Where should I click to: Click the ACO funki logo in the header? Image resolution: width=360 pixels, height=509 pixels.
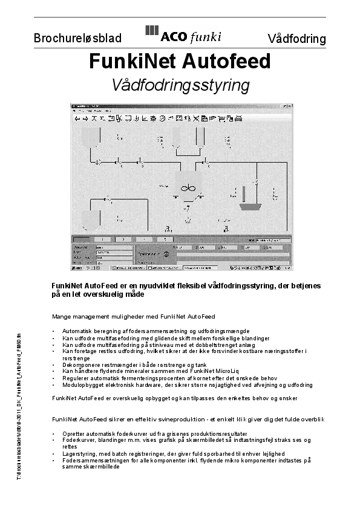tap(183, 35)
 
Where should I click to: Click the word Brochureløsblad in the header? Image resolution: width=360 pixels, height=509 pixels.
tap(77, 39)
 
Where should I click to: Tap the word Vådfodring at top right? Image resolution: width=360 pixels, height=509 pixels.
tap(296, 39)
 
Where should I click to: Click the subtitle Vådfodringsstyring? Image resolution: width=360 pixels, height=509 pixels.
tap(180, 85)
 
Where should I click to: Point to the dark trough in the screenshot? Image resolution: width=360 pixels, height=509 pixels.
tap(249, 206)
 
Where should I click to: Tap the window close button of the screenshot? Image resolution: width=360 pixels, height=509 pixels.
tap(290, 106)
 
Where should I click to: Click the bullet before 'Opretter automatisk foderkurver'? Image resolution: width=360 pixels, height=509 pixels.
tap(54, 434)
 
